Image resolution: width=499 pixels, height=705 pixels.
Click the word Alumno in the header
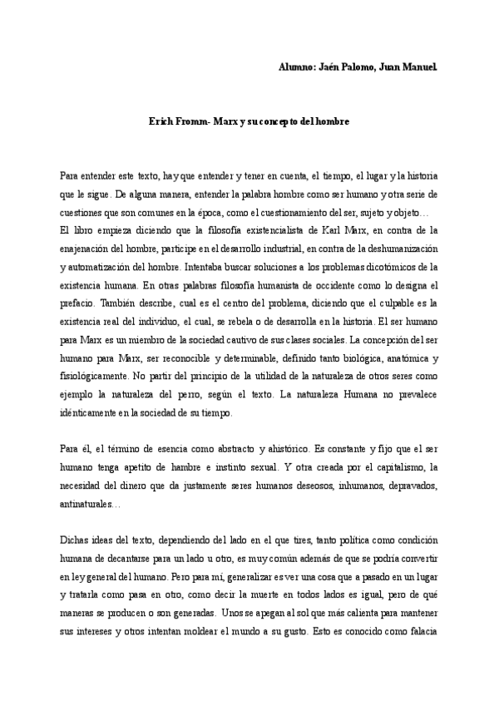point(296,66)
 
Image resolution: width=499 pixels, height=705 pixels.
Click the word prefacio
point(79,303)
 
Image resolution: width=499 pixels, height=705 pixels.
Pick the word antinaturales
point(89,505)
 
